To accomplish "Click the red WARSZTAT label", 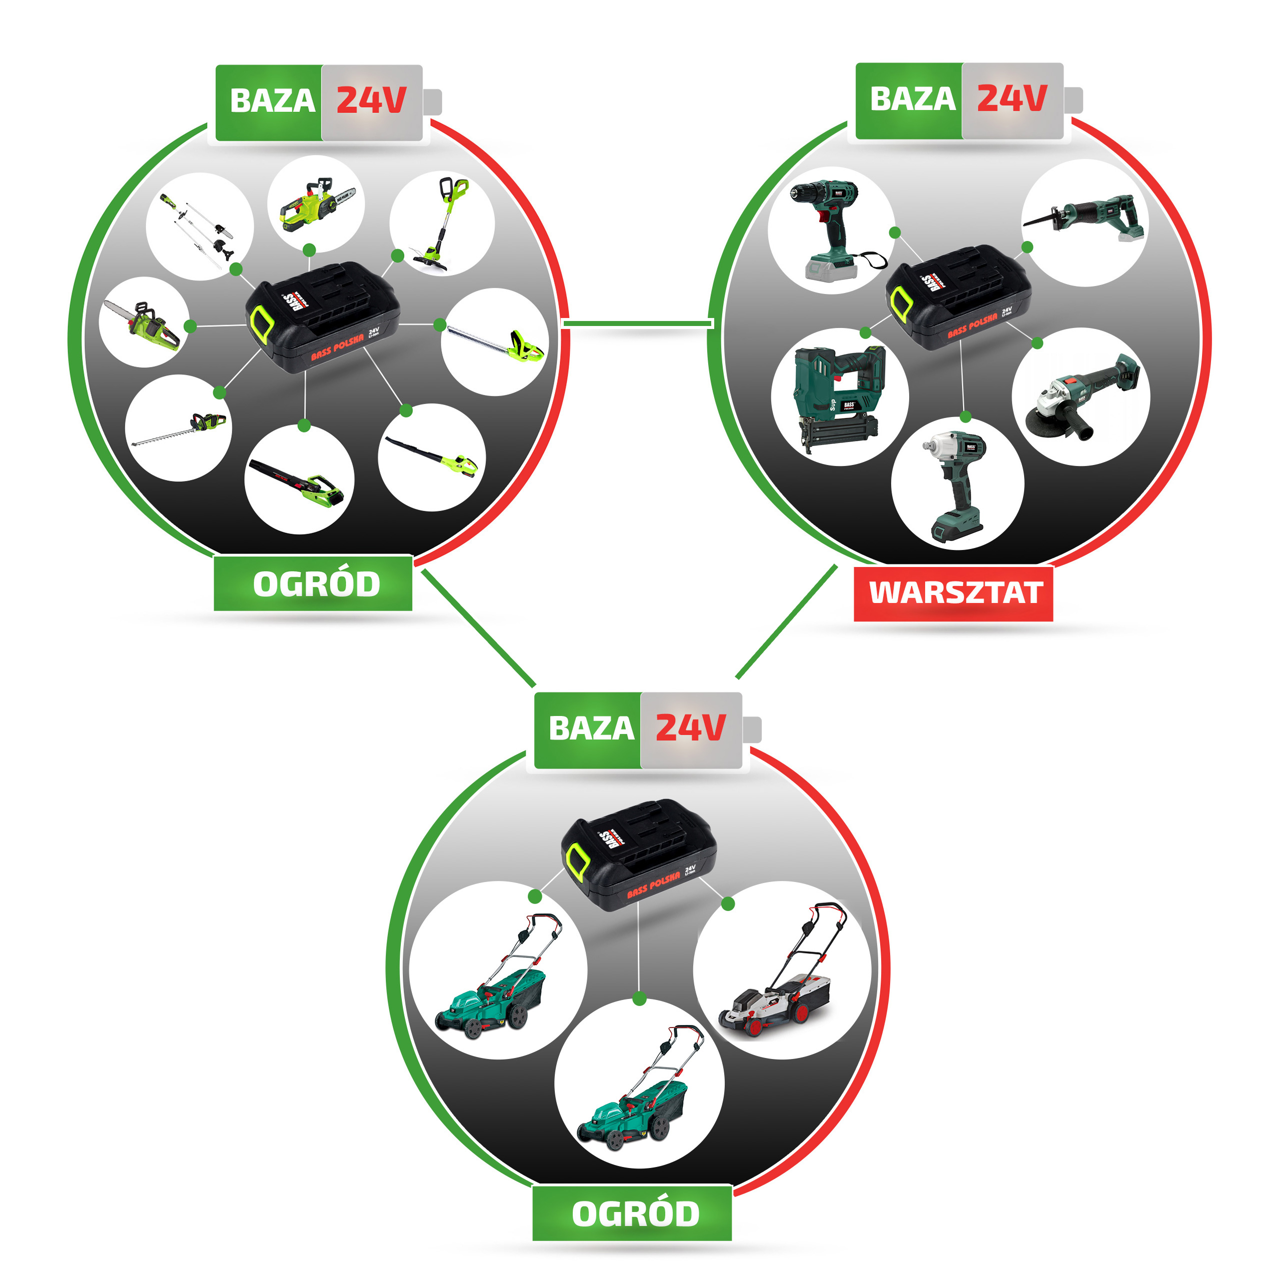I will [953, 592].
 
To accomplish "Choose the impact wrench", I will [957, 483].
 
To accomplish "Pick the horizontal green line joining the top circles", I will [637, 323].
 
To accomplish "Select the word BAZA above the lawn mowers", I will [590, 728].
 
